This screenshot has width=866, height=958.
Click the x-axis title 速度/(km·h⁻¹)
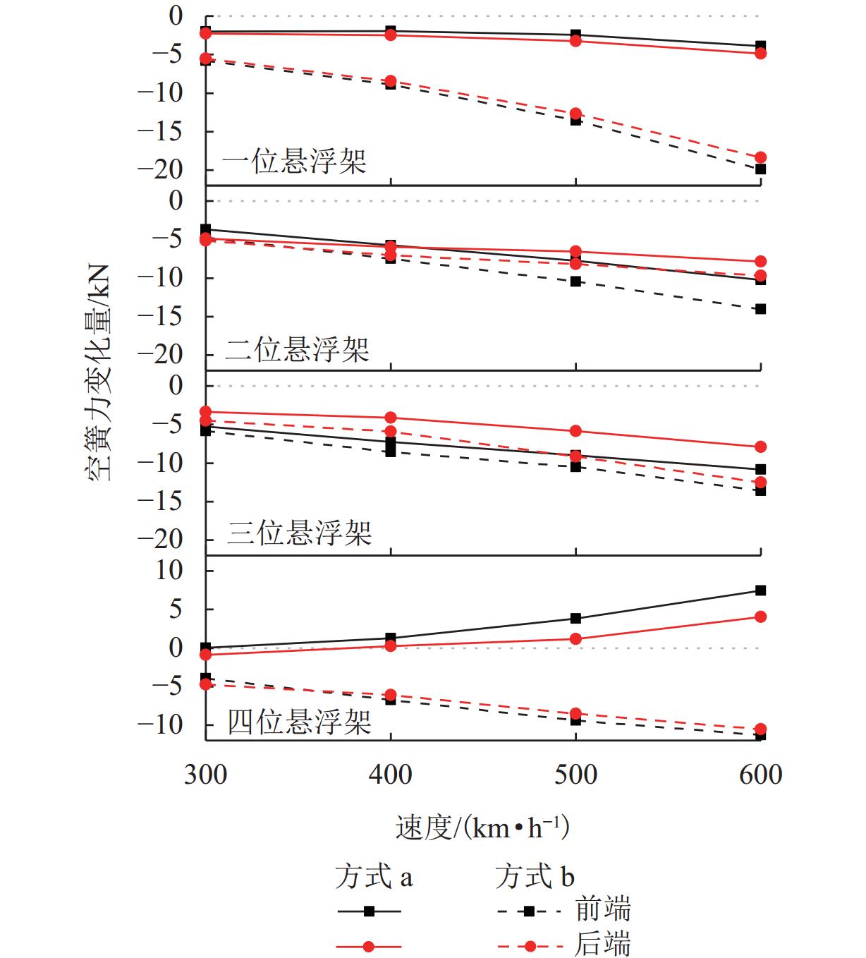click(482, 827)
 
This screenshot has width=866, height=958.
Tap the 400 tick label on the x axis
click(390, 775)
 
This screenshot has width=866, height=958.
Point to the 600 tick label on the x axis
click(760, 775)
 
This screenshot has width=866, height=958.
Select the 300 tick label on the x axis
click(205, 775)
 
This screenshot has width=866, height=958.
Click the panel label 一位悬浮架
click(294, 162)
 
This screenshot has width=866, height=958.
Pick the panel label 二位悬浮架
click(297, 349)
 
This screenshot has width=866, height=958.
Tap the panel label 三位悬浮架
click(299, 533)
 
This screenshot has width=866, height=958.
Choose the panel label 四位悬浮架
click(299, 721)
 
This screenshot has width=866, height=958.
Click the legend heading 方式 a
click(374, 877)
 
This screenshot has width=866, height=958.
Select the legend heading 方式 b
click(535, 877)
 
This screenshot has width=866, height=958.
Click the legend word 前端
click(602, 910)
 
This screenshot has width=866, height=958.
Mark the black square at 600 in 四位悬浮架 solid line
click(760, 590)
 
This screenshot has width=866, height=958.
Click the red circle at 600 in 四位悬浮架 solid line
click(760, 617)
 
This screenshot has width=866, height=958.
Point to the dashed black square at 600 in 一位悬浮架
click(760, 169)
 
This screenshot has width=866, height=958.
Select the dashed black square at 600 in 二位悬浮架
click(760, 309)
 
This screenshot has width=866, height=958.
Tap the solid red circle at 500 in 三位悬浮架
click(575, 431)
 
